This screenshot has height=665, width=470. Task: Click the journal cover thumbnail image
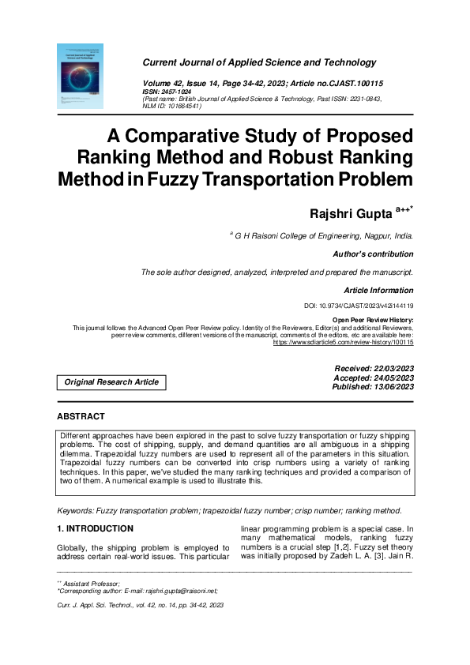[x=80, y=76]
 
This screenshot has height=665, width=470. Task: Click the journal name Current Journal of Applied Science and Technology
[x=259, y=62]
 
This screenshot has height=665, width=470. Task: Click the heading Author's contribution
[x=374, y=254]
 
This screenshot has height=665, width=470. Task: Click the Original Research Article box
[x=111, y=382]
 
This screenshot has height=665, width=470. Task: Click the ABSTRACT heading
[x=81, y=416]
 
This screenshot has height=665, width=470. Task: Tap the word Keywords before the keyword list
[x=78, y=511]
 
